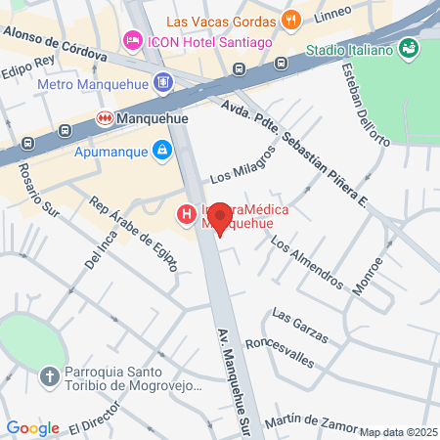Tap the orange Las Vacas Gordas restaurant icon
click(290, 20)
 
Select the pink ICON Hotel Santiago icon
click(131, 42)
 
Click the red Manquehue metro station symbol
click(104, 118)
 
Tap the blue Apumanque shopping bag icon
click(161, 152)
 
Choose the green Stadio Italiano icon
click(409, 49)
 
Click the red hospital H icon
click(183, 214)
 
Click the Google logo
click(32, 427)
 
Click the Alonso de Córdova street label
click(55, 42)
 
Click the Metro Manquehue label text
click(90, 84)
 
